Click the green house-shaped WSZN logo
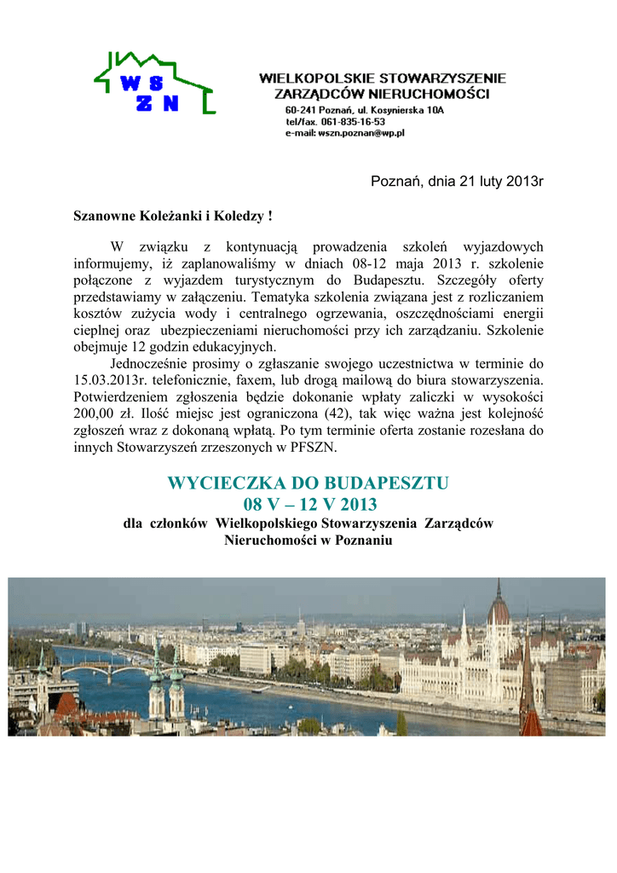154,83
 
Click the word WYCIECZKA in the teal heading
223,483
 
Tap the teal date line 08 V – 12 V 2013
308,505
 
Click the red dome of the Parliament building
499,609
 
